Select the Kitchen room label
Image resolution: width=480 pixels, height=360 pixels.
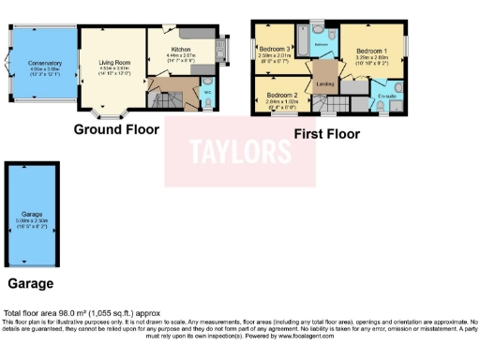point(181,49)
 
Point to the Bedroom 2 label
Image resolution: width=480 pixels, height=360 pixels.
point(281,96)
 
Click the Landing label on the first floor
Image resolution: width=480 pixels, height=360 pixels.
point(325,83)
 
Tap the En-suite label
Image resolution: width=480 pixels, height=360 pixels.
point(386,96)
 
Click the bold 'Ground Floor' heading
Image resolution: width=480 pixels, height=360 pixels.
point(116,129)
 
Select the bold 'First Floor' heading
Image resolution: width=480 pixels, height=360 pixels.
point(327,134)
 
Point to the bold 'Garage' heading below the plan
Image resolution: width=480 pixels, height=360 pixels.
point(30,282)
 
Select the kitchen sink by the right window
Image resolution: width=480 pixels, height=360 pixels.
point(222,49)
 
